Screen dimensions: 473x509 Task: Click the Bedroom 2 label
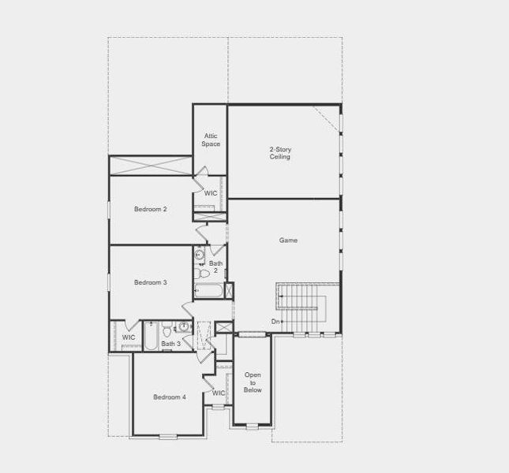coord(150,209)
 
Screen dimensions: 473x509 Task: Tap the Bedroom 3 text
coord(150,282)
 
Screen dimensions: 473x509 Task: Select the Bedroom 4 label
coord(170,397)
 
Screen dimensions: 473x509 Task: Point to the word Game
coord(288,240)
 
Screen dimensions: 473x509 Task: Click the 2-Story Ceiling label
coord(280,153)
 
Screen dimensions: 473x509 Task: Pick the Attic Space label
coord(211,140)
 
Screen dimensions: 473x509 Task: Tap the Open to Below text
coord(253,382)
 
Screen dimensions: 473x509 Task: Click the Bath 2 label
coord(216,267)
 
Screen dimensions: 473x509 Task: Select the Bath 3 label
coord(171,344)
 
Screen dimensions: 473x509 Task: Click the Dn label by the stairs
coord(275,321)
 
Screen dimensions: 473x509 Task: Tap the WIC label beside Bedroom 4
coord(219,393)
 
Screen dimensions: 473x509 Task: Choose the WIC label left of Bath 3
coord(129,337)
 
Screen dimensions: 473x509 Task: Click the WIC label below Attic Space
coord(211,192)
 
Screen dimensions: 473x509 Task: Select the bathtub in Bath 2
coord(209,289)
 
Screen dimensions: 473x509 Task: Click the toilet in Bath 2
coord(204,273)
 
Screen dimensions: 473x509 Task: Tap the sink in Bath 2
coord(200,255)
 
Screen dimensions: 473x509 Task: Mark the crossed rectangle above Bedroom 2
coord(150,166)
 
